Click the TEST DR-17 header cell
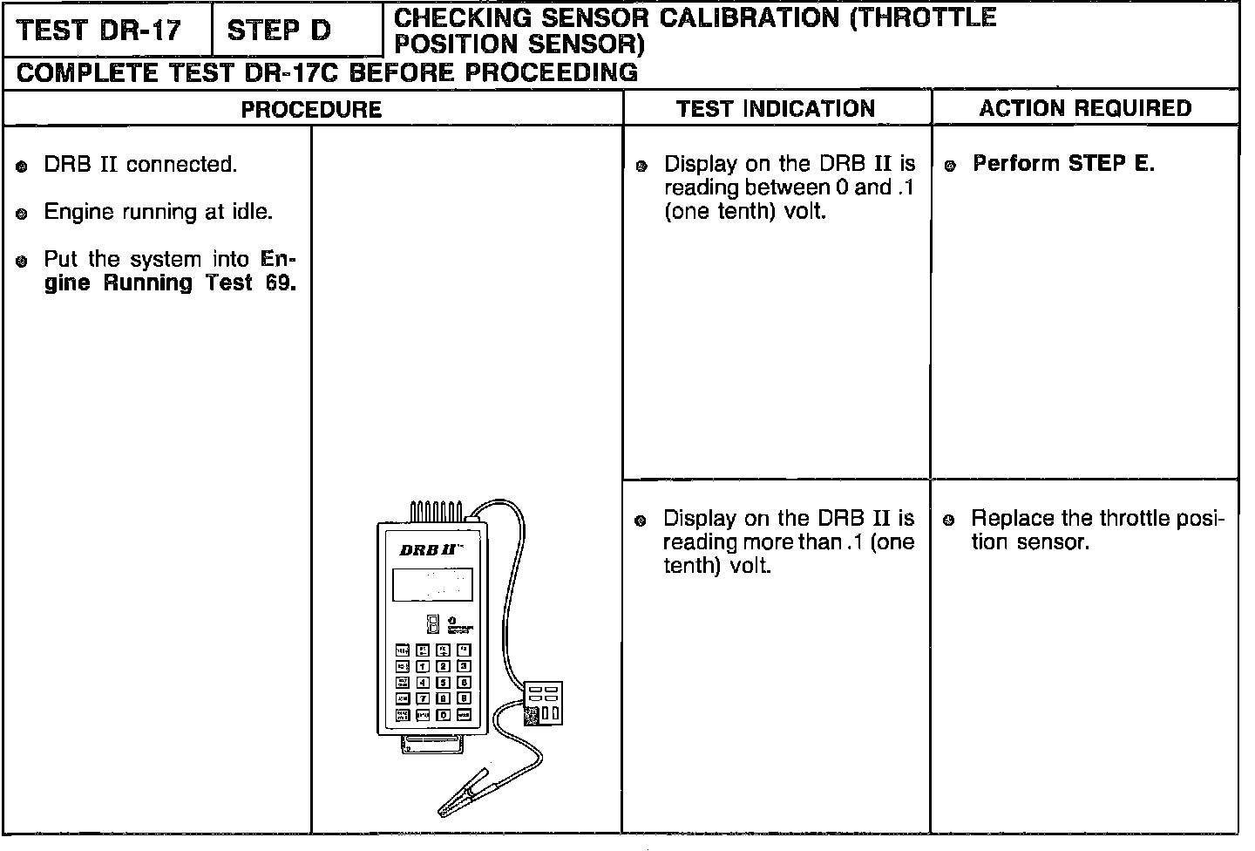(99, 31)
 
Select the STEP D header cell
(279, 31)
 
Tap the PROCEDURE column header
(311, 110)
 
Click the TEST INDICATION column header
(776, 109)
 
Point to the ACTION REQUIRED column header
(1085, 108)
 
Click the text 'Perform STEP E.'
(1063, 164)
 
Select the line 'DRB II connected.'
(139, 165)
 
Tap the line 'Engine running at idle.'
(158, 212)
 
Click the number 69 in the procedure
(281, 283)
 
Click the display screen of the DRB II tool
(432, 584)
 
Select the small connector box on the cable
(542, 703)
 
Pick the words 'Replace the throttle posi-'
(1097, 519)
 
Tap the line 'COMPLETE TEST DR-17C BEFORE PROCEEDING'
(328, 73)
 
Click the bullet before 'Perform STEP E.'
(952, 165)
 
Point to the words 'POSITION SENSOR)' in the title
(519, 44)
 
